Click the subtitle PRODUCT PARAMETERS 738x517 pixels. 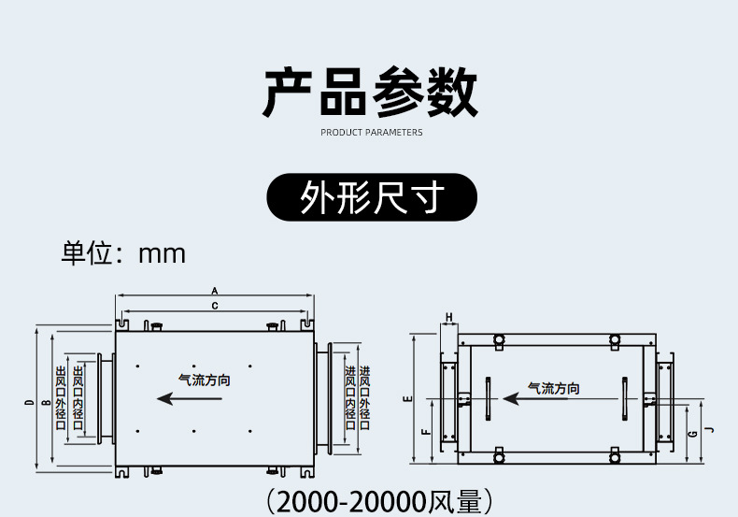[371, 133]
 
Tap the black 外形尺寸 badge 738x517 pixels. [372, 197]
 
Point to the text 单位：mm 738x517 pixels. [123, 253]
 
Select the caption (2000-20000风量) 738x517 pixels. [377, 501]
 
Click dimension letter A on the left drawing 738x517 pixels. [214, 291]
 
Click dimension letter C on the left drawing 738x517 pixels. [214, 306]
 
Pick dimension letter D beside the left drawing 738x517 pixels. [29, 403]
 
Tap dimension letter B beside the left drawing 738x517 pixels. [44, 403]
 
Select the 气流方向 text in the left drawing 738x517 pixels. [204, 381]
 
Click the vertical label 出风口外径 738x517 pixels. [61, 398]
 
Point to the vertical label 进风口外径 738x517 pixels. [365, 398]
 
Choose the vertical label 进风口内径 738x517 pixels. [350, 398]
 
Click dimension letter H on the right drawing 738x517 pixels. [448, 318]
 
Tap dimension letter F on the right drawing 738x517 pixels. [424, 432]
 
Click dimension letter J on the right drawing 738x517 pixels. [707, 431]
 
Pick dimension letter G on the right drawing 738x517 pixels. [691, 434]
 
